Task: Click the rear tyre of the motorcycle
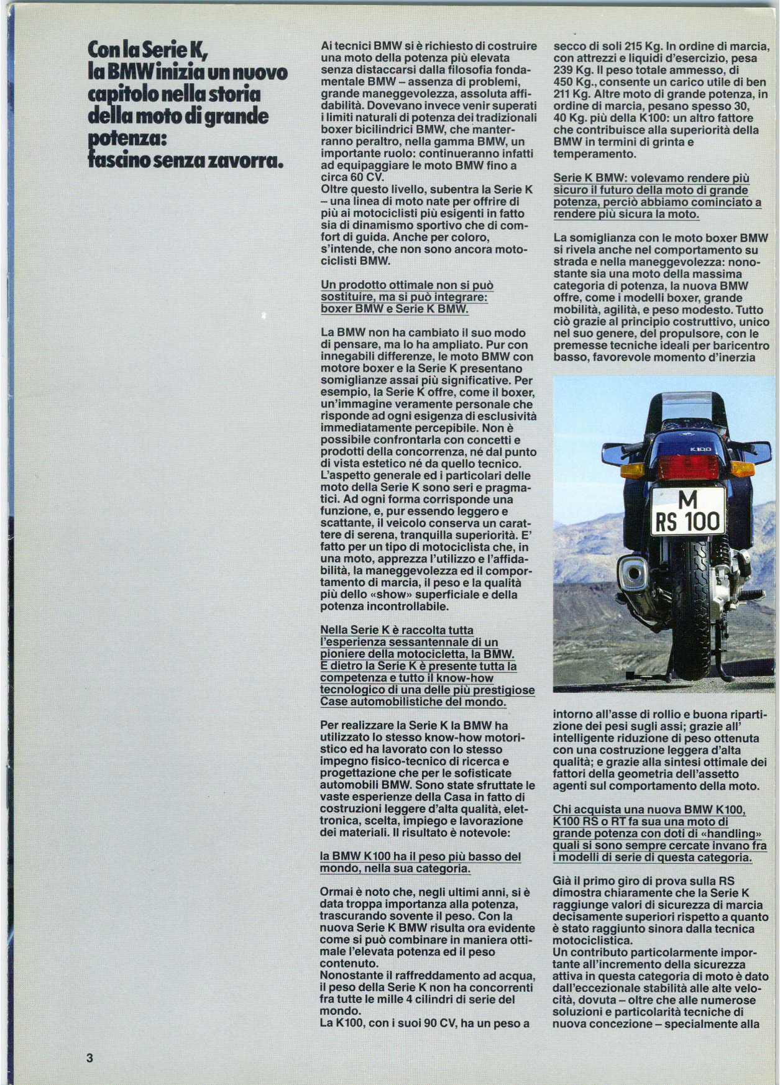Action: pyautogui.click(x=687, y=609)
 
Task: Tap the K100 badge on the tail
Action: pyautogui.click(x=700, y=449)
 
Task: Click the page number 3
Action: pyautogui.click(x=89, y=1058)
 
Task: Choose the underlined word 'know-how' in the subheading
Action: pyautogui.click(x=466, y=678)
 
